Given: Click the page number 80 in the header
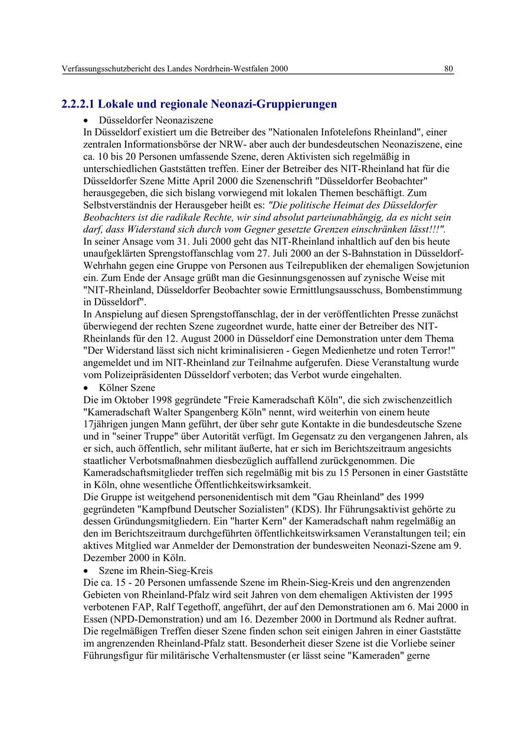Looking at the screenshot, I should [448, 69].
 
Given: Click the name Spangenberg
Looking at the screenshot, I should [202, 412].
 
